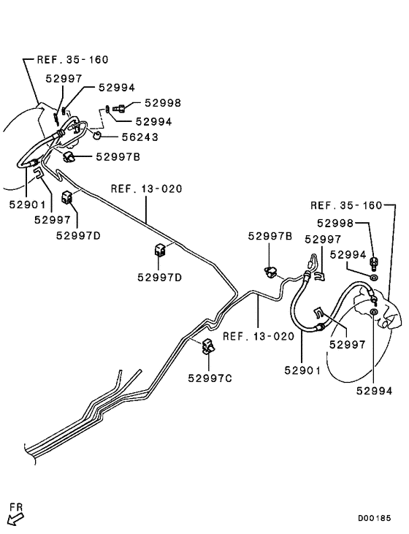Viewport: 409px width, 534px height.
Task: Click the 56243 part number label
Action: (140, 137)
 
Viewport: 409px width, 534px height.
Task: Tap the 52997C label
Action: (210, 378)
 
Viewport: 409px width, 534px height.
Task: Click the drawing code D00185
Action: (374, 519)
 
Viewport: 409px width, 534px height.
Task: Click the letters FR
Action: (16, 507)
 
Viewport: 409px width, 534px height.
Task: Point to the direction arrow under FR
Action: (15, 519)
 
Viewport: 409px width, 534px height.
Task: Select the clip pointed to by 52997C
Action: (208, 346)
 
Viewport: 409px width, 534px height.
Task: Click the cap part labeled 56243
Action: (97, 136)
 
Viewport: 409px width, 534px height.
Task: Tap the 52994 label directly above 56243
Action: (153, 121)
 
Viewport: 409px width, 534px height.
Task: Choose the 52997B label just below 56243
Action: (118, 157)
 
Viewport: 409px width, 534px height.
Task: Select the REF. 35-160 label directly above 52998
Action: (346, 205)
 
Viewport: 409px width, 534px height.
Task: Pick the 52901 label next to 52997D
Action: (27, 205)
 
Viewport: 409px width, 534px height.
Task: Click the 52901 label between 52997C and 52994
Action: (302, 370)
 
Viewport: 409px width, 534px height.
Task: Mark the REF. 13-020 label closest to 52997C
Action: (258, 337)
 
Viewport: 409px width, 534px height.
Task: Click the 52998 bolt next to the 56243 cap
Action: (119, 109)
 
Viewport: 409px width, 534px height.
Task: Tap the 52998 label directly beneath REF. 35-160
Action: (335, 223)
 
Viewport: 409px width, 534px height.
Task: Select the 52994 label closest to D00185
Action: (374, 391)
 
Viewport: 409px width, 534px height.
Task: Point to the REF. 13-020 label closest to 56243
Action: (147, 188)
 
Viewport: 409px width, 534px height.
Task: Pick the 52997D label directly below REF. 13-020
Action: (159, 277)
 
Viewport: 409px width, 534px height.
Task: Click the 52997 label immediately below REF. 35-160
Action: (64, 78)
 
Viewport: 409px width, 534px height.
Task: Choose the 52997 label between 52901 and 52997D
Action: (52, 220)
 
